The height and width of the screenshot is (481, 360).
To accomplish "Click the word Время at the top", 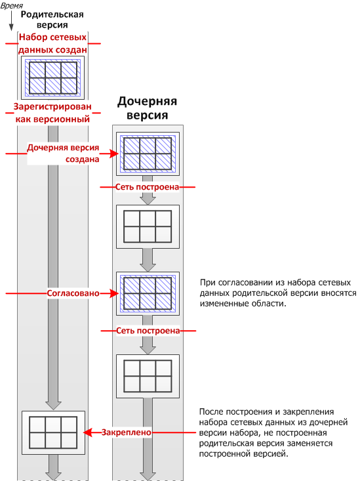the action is coord(12,5).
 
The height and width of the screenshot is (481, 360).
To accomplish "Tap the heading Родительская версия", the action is coord(52,19).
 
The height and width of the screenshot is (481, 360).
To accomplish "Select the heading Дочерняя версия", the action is coord(147,108).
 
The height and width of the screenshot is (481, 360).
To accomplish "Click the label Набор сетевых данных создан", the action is coord(52,43).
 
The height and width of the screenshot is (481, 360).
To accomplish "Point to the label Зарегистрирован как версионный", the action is coord(52,113).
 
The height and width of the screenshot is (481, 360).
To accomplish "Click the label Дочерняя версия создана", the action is coord(63,153).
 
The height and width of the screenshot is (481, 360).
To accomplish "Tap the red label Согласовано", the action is coord(73,293).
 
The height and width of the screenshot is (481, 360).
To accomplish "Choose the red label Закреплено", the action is coord(127,432).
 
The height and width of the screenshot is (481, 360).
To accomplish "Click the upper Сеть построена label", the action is coord(147,187).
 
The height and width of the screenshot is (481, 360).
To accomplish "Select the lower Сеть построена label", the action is coord(148,330).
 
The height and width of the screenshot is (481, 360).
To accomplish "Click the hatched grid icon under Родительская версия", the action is coord(52,77).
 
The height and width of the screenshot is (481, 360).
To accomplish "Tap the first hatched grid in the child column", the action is coord(148,154).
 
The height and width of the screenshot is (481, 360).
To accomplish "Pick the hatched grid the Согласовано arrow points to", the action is coord(148,293).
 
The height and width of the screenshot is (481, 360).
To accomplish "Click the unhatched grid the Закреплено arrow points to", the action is coord(53,432).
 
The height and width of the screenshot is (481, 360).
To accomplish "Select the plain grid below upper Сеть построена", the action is coord(148,226).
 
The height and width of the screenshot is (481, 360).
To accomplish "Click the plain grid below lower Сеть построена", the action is coord(148,376).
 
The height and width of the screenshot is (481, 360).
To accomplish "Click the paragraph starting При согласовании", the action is coord(278,293).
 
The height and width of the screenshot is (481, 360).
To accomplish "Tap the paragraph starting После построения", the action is coord(273,432).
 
